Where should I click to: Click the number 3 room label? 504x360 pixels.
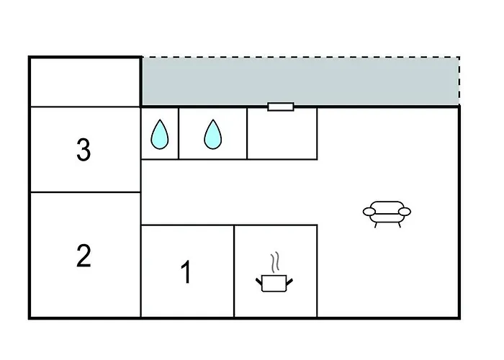(x=84, y=149)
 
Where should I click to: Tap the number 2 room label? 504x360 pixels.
(x=84, y=256)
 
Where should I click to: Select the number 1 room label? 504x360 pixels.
(x=186, y=272)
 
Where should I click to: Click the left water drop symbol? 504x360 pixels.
(x=160, y=135)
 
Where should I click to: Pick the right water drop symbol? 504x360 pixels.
(x=213, y=135)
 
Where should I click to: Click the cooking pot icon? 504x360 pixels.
(x=274, y=283)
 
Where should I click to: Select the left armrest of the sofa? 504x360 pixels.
(x=369, y=212)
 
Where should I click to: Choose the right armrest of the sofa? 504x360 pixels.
(x=405, y=212)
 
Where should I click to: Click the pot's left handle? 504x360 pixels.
(x=259, y=282)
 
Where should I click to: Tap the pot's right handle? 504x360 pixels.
(x=289, y=282)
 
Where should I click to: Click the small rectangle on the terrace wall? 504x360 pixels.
(x=281, y=107)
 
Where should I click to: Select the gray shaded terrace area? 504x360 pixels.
(x=300, y=81)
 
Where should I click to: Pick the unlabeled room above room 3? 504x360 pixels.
(x=85, y=82)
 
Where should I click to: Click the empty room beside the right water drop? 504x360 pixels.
(x=282, y=133)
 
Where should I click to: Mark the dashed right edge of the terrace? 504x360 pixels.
(x=459, y=81)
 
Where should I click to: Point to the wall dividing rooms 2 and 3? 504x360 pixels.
(x=85, y=192)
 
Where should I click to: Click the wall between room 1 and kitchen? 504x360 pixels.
(x=234, y=271)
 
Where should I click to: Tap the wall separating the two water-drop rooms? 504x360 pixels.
(x=179, y=133)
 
